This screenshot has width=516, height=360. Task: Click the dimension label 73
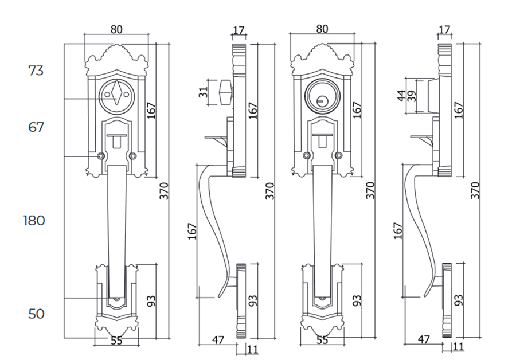36,71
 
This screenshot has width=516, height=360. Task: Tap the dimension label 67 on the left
36,127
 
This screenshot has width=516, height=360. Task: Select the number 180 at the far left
34,220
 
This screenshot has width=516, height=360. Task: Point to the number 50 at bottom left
36,314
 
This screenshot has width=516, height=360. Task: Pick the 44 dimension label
401,95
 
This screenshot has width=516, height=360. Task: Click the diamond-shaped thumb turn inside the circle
116,93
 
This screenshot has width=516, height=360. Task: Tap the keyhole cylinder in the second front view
322,95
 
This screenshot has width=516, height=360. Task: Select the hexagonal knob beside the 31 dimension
224,92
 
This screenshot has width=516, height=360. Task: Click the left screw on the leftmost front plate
101,156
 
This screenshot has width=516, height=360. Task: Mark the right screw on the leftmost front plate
133,156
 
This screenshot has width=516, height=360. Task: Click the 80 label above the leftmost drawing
116,28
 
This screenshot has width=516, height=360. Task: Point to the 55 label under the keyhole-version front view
322,340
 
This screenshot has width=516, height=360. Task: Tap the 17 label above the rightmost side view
444,29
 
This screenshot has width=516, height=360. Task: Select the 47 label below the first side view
218,339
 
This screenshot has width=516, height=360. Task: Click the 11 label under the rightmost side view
459,346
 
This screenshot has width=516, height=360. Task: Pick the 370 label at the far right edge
475,190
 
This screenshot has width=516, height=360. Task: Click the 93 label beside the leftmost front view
151,300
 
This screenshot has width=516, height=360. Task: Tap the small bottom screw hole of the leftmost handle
117,300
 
